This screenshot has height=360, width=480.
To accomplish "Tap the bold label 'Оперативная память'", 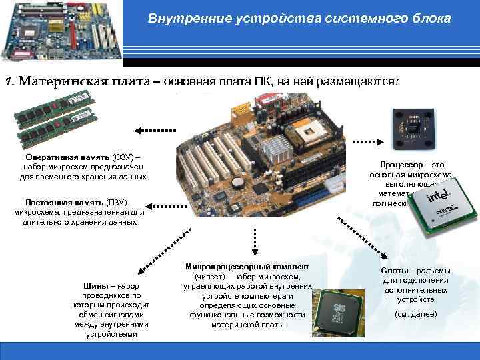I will tap(60, 156).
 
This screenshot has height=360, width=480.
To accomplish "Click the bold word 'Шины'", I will tap(93, 286).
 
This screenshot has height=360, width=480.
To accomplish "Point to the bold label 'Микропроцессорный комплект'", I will tap(247, 267).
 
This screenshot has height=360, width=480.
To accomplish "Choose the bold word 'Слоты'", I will tap(394, 271).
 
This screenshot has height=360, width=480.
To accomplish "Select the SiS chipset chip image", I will tap(340, 310).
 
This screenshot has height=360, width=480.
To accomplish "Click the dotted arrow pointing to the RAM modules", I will tap(155, 130).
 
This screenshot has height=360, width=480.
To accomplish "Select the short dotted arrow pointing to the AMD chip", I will tap(365, 142).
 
